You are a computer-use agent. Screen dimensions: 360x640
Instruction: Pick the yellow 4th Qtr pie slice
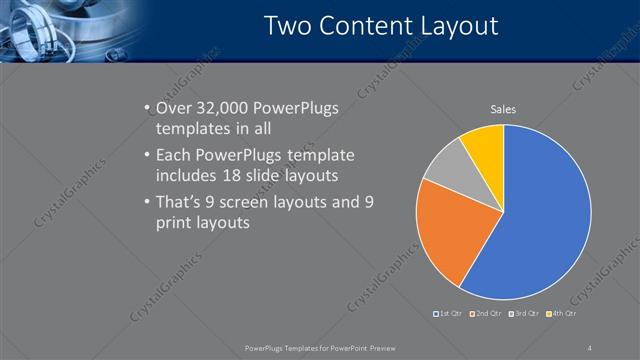pyautogui.click(x=485, y=145)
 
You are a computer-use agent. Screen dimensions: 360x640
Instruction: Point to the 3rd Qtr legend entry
pyautogui.click(x=526, y=313)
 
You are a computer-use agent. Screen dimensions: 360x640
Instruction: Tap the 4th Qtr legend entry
pyautogui.click(x=565, y=313)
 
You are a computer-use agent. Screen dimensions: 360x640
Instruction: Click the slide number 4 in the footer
pyautogui.click(x=590, y=347)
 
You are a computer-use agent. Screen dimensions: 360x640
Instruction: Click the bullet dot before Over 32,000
pyautogui.click(x=147, y=109)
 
